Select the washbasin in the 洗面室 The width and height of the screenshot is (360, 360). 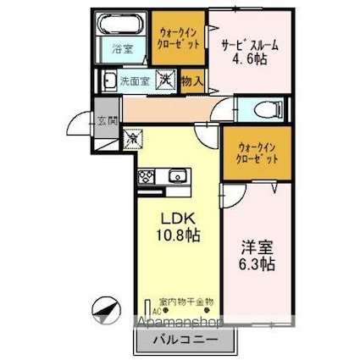109,81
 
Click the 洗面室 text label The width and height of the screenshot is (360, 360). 135,82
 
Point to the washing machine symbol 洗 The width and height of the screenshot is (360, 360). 167,80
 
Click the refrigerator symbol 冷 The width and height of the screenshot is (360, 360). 134,135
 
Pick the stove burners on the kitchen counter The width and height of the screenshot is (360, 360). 146,177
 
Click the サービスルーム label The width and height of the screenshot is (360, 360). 251,46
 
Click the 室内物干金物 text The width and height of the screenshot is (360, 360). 186,302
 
